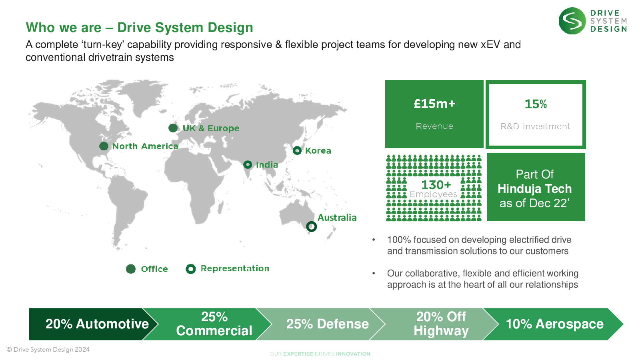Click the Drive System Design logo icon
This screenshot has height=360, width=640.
(x=572, y=21)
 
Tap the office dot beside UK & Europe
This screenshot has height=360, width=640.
(x=173, y=128)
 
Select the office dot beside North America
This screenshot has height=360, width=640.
(x=104, y=146)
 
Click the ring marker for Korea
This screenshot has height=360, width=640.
(x=297, y=150)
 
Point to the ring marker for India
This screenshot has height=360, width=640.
(x=248, y=164)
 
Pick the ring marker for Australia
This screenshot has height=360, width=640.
(x=312, y=226)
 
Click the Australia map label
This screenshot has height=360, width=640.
(x=337, y=218)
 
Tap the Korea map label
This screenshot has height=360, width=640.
(x=318, y=151)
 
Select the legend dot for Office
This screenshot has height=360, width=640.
(x=131, y=269)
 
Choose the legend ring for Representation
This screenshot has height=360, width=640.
(x=190, y=269)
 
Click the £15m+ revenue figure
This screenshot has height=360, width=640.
(x=434, y=104)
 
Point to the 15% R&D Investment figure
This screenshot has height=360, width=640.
(x=536, y=104)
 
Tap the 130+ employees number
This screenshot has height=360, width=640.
(x=436, y=185)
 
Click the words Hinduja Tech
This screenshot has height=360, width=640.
(x=535, y=189)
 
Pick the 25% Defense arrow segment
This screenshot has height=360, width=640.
(x=327, y=324)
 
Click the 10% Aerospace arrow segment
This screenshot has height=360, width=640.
(x=554, y=324)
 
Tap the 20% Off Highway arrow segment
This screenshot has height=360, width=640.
(x=441, y=324)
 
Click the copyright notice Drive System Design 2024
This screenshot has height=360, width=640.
(x=48, y=350)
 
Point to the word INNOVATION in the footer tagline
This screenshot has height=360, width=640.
(x=353, y=354)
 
